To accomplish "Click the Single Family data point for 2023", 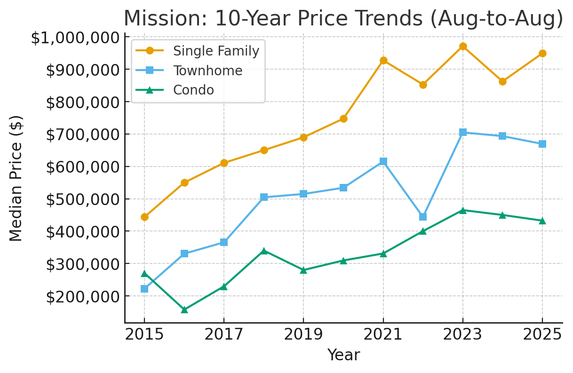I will click(x=463, y=46).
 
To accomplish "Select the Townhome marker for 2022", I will click(x=423, y=217).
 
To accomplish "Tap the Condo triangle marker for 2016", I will click(x=184, y=310).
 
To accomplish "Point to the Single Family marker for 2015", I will click(x=144, y=217).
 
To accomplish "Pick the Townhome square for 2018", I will click(x=264, y=197).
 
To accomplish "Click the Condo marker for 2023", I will click(x=463, y=210).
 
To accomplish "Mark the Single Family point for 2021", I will click(x=383, y=60).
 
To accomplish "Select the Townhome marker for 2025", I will click(x=542, y=144).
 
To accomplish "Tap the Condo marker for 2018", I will click(x=264, y=251).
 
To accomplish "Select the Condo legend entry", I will click(x=193, y=90).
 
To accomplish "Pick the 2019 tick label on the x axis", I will click(x=303, y=335).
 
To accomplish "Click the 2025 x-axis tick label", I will click(x=542, y=335).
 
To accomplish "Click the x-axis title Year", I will click(x=343, y=355).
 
